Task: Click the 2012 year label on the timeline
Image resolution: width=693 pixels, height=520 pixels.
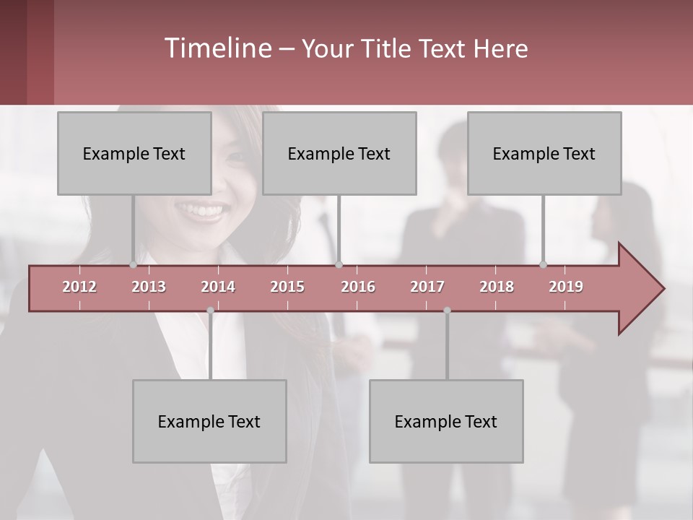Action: click(79, 287)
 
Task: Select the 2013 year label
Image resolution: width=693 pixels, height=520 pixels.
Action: click(149, 287)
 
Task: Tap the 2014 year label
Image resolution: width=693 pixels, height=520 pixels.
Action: click(218, 287)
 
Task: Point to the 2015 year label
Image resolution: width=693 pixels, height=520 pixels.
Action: click(287, 287)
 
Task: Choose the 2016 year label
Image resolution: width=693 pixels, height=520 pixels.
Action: click(358, 287)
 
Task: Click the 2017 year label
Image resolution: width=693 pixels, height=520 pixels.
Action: click(427, 287)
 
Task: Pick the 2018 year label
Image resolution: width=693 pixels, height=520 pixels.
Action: click(497, 287)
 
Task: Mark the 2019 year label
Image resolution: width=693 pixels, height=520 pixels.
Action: click(566, 287)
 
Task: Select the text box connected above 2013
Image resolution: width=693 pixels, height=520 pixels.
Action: click(134, 153)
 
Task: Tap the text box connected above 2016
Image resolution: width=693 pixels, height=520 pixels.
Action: click(339, 153)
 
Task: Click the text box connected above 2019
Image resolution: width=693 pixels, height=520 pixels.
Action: click(544, 153)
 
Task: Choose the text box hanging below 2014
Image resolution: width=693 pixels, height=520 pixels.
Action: click(209, 421)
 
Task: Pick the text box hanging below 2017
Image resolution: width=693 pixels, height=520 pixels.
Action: click(446, 421)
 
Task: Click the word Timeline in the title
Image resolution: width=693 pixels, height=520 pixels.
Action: click(217, 48)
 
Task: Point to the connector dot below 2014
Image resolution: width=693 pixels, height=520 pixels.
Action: click(210, 311)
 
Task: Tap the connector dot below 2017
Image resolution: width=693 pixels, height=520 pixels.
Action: click(447, 311)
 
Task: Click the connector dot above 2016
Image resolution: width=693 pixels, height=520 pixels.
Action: click(339, 264)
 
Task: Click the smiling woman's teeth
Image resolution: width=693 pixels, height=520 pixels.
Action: click(202, 211)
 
